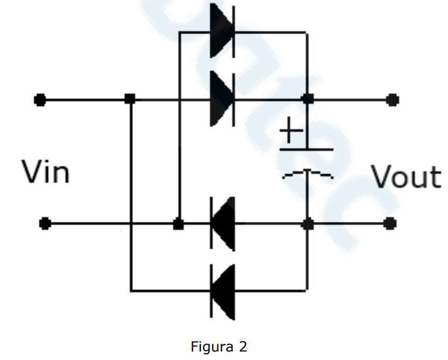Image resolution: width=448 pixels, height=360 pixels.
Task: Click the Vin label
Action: pos(45,172)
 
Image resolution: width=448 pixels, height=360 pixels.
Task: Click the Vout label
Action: pos(406,176)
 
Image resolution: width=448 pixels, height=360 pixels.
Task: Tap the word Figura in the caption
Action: pos(212,347)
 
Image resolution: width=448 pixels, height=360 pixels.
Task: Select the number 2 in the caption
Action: pos(243,346)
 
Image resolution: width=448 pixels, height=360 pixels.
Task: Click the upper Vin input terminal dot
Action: pos(40,100)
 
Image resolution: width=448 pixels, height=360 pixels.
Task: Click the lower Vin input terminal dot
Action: pos(45,223)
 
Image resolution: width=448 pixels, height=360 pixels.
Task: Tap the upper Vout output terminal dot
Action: pos(392,100)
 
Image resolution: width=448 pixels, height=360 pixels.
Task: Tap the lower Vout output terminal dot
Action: pos(390,223)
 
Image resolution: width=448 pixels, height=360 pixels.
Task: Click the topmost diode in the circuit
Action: pos(223,31)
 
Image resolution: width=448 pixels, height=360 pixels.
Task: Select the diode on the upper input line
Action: pos(223,99)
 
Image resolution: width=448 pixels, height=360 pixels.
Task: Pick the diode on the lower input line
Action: pos(223,224)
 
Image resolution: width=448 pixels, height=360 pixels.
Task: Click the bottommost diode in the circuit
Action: pos(223,292)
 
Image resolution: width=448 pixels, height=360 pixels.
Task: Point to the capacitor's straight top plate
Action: pos(306,149)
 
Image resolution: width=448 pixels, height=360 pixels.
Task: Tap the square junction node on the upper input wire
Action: pos(130,99)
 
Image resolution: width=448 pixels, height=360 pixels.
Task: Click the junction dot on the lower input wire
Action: pos(179,224)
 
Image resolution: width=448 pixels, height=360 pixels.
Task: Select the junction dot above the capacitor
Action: pos(307,99)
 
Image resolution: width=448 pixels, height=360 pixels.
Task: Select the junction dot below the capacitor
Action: pos(307,224)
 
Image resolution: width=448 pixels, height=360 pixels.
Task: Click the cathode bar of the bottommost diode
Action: pos(211,291)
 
